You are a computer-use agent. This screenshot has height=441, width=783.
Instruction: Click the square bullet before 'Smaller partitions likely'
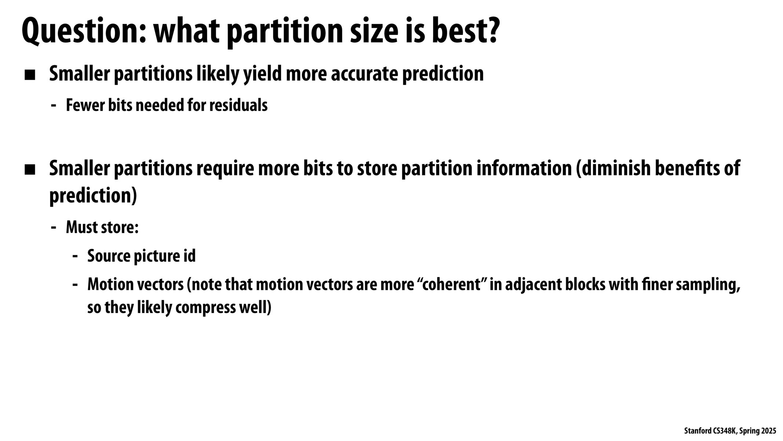(x=30, y=75)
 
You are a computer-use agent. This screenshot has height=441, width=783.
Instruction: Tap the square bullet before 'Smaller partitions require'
(x=30, y=170)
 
